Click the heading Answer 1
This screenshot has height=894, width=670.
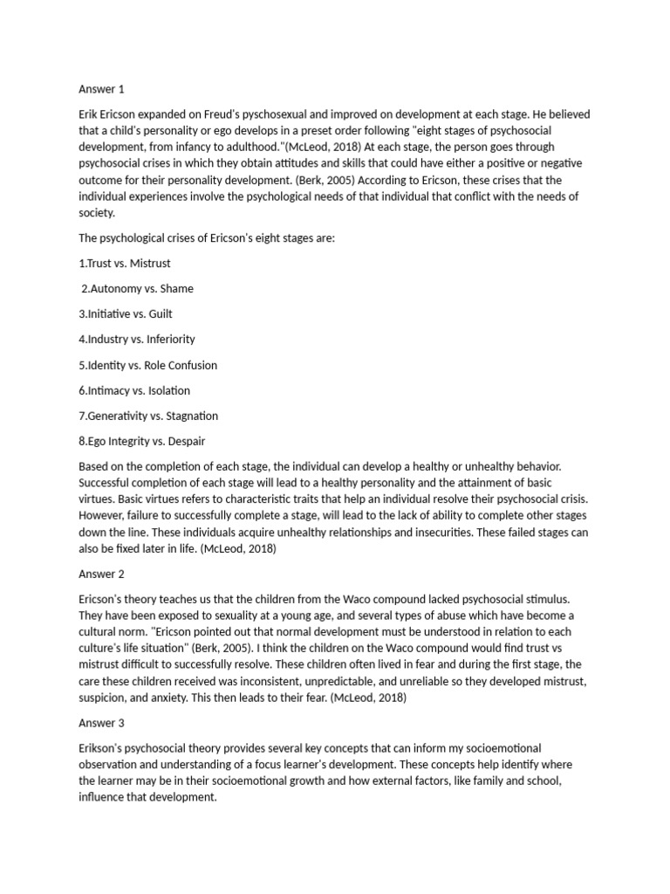pos(103,89)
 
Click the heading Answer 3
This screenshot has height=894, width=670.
pos(103,724)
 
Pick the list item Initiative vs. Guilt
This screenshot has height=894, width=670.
pos(124,313)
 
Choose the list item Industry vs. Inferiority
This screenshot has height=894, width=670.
pos(137,339)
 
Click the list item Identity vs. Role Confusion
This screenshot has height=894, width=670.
pos(147,365)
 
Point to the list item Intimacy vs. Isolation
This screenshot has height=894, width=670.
pos(134,390)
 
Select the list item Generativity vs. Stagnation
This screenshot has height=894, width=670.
pos(148,416)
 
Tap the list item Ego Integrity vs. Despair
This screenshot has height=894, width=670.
pos(142,441)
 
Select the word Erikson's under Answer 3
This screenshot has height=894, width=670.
pos(104,748)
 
